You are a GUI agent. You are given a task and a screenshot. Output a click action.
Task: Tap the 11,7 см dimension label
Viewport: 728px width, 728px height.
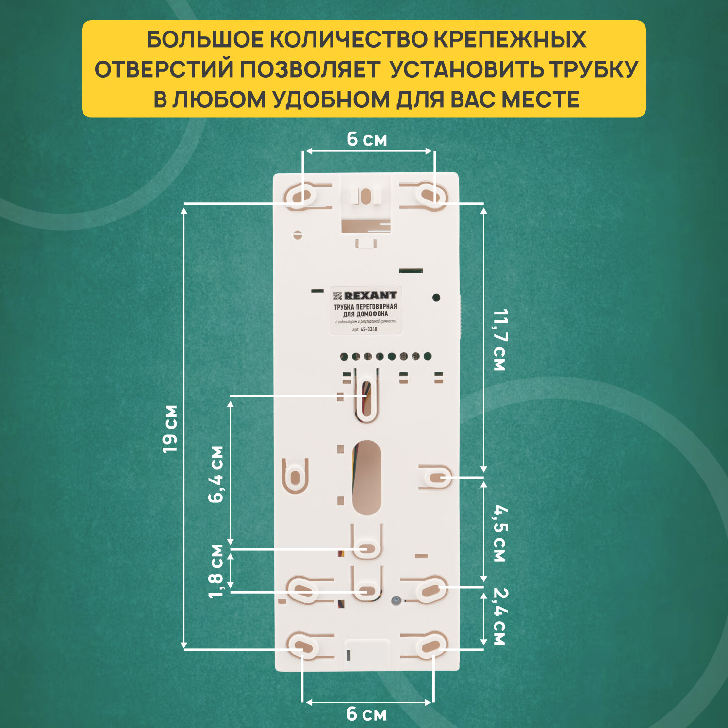coord(499,340)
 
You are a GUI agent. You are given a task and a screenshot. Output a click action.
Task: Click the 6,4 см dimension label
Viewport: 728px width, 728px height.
coord(216,474)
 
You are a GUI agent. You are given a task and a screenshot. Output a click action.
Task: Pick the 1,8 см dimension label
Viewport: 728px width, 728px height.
coord(216,571)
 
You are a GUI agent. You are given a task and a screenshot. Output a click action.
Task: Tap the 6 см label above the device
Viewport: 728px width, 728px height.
coord(367,140)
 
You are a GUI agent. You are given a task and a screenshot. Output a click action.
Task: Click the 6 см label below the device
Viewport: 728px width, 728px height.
coord(367,714)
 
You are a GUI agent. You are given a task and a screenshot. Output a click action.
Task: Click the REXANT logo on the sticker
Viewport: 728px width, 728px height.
coord(370,295)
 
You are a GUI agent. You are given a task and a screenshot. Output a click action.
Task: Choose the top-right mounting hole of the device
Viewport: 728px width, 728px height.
coord(430,196)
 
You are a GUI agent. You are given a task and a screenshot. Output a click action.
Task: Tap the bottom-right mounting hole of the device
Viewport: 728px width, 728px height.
coord(430,646)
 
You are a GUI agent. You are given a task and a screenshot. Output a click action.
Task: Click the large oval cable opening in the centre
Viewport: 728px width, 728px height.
coord(366,478)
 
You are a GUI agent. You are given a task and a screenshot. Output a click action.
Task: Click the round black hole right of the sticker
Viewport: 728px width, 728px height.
coord(436,298)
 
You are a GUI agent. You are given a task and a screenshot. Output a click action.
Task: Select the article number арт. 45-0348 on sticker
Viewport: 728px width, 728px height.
coord(364,329)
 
